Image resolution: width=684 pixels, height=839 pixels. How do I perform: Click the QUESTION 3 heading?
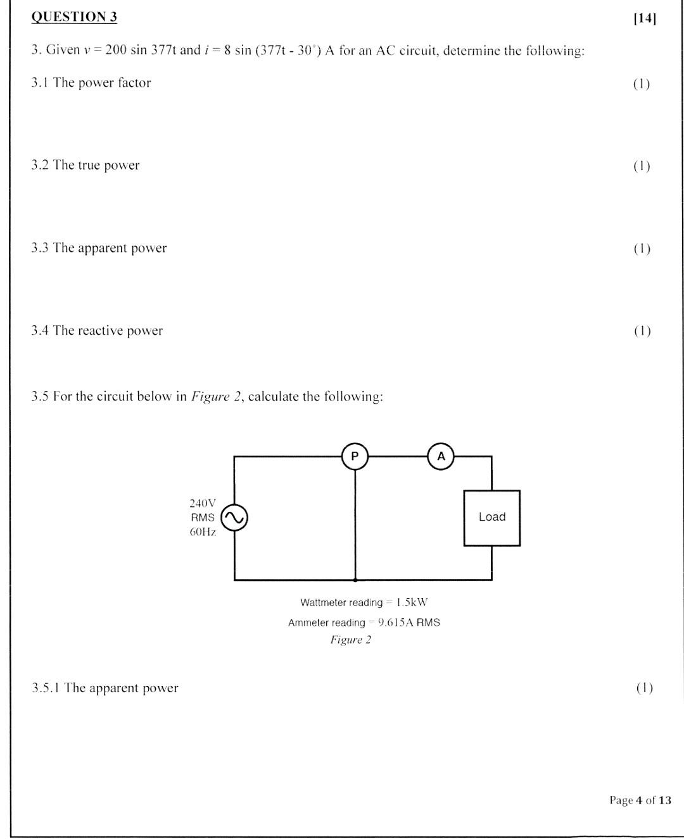pyautogui.click(x=74, y=17)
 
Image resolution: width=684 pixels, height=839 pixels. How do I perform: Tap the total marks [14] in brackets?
pyautogui.click(x=645, y=18)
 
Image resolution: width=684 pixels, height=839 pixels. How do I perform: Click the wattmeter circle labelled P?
pyautogui.click(x=355, y=456)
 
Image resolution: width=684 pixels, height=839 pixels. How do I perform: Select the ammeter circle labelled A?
pyautogui.click(x=441, y=456)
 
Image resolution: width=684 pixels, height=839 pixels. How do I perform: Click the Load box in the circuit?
pyautogui.click(x=491, y=518)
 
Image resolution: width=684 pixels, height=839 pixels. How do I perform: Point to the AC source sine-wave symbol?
pyautogui.click(x=234, y=518)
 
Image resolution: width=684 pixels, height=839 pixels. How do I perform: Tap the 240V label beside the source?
pyautogui.click(x=203, y=503)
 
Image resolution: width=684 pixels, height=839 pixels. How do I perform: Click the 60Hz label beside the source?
pyautogui.click(x=203, y=532)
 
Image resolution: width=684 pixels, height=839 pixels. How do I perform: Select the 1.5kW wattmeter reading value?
pyautogui.click(x=412, y=602)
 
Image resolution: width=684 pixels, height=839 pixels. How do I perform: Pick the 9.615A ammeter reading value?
pyautogui.click(x=396, y=623)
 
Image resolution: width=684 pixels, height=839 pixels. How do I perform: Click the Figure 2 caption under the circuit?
pyautogui.click(x=350, y=640)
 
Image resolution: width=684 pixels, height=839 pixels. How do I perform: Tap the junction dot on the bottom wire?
pyautogui.click(x=355, y=579)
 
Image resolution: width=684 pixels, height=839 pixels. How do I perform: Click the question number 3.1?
pyautogui.click(x=40, y=83)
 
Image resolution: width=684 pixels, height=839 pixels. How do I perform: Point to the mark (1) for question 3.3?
pyautogui.click(x=642, y=248)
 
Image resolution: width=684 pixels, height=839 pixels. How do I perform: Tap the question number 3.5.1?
pyautogui.click(x=46, y=688)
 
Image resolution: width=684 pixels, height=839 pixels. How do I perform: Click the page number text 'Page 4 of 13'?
pyautogui.click(x=640, y=800)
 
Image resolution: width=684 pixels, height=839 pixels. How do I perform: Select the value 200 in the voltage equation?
pyautogui.click(x=116, y=50)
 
